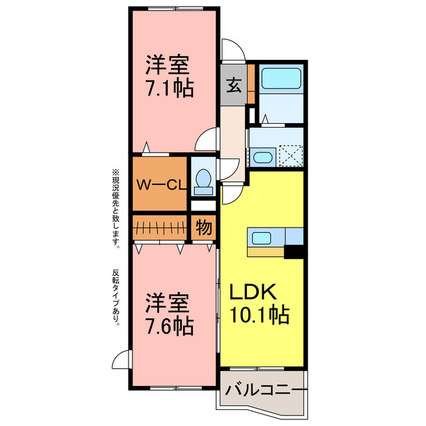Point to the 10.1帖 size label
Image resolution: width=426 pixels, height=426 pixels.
pyautogui.click(x=260, y=315)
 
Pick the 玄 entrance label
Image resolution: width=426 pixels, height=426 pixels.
pyautogui.click(x=234, y=85)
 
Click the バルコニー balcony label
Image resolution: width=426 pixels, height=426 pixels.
pyautogui.click(x=265, y=389)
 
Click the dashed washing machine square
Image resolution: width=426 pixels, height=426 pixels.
pyautogui.click(x=291, y=156)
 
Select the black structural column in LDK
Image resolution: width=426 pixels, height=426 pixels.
pyautogui.click(x=294, y=252)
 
